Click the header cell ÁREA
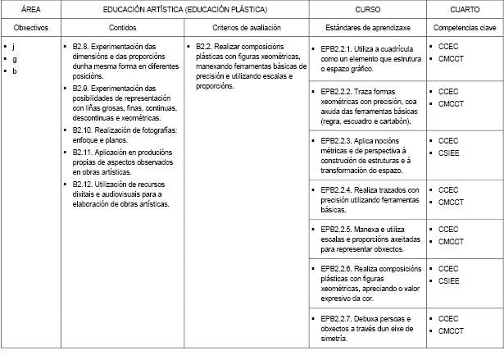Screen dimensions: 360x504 tap(30, 9)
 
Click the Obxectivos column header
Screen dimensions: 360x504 tap(30, 27)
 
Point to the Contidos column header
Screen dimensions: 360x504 tap(123, 27)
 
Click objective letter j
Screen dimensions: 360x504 tap(14, 47)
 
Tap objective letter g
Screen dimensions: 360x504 tap(14, 59)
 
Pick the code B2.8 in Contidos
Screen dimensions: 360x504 tap(80, 47)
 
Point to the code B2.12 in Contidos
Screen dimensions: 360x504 tap(83, 185)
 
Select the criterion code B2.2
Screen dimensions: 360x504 tap(205, 47)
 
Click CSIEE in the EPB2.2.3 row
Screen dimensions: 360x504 tap(450, 153)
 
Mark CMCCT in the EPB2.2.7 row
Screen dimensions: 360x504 tap(452, 330)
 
